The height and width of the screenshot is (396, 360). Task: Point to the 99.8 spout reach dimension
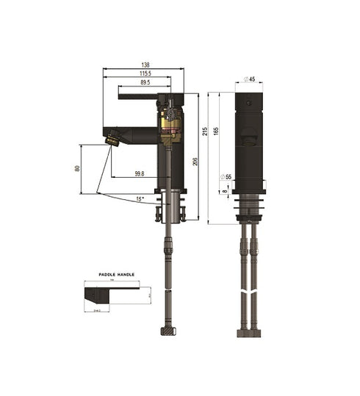coord(140,173)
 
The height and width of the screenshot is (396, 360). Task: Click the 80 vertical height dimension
coord(77,168)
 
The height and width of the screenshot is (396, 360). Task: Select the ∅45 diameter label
coord(248,79)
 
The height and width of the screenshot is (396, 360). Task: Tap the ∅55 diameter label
coord(226,177)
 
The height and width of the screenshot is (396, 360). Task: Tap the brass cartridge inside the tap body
coord(169,126)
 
